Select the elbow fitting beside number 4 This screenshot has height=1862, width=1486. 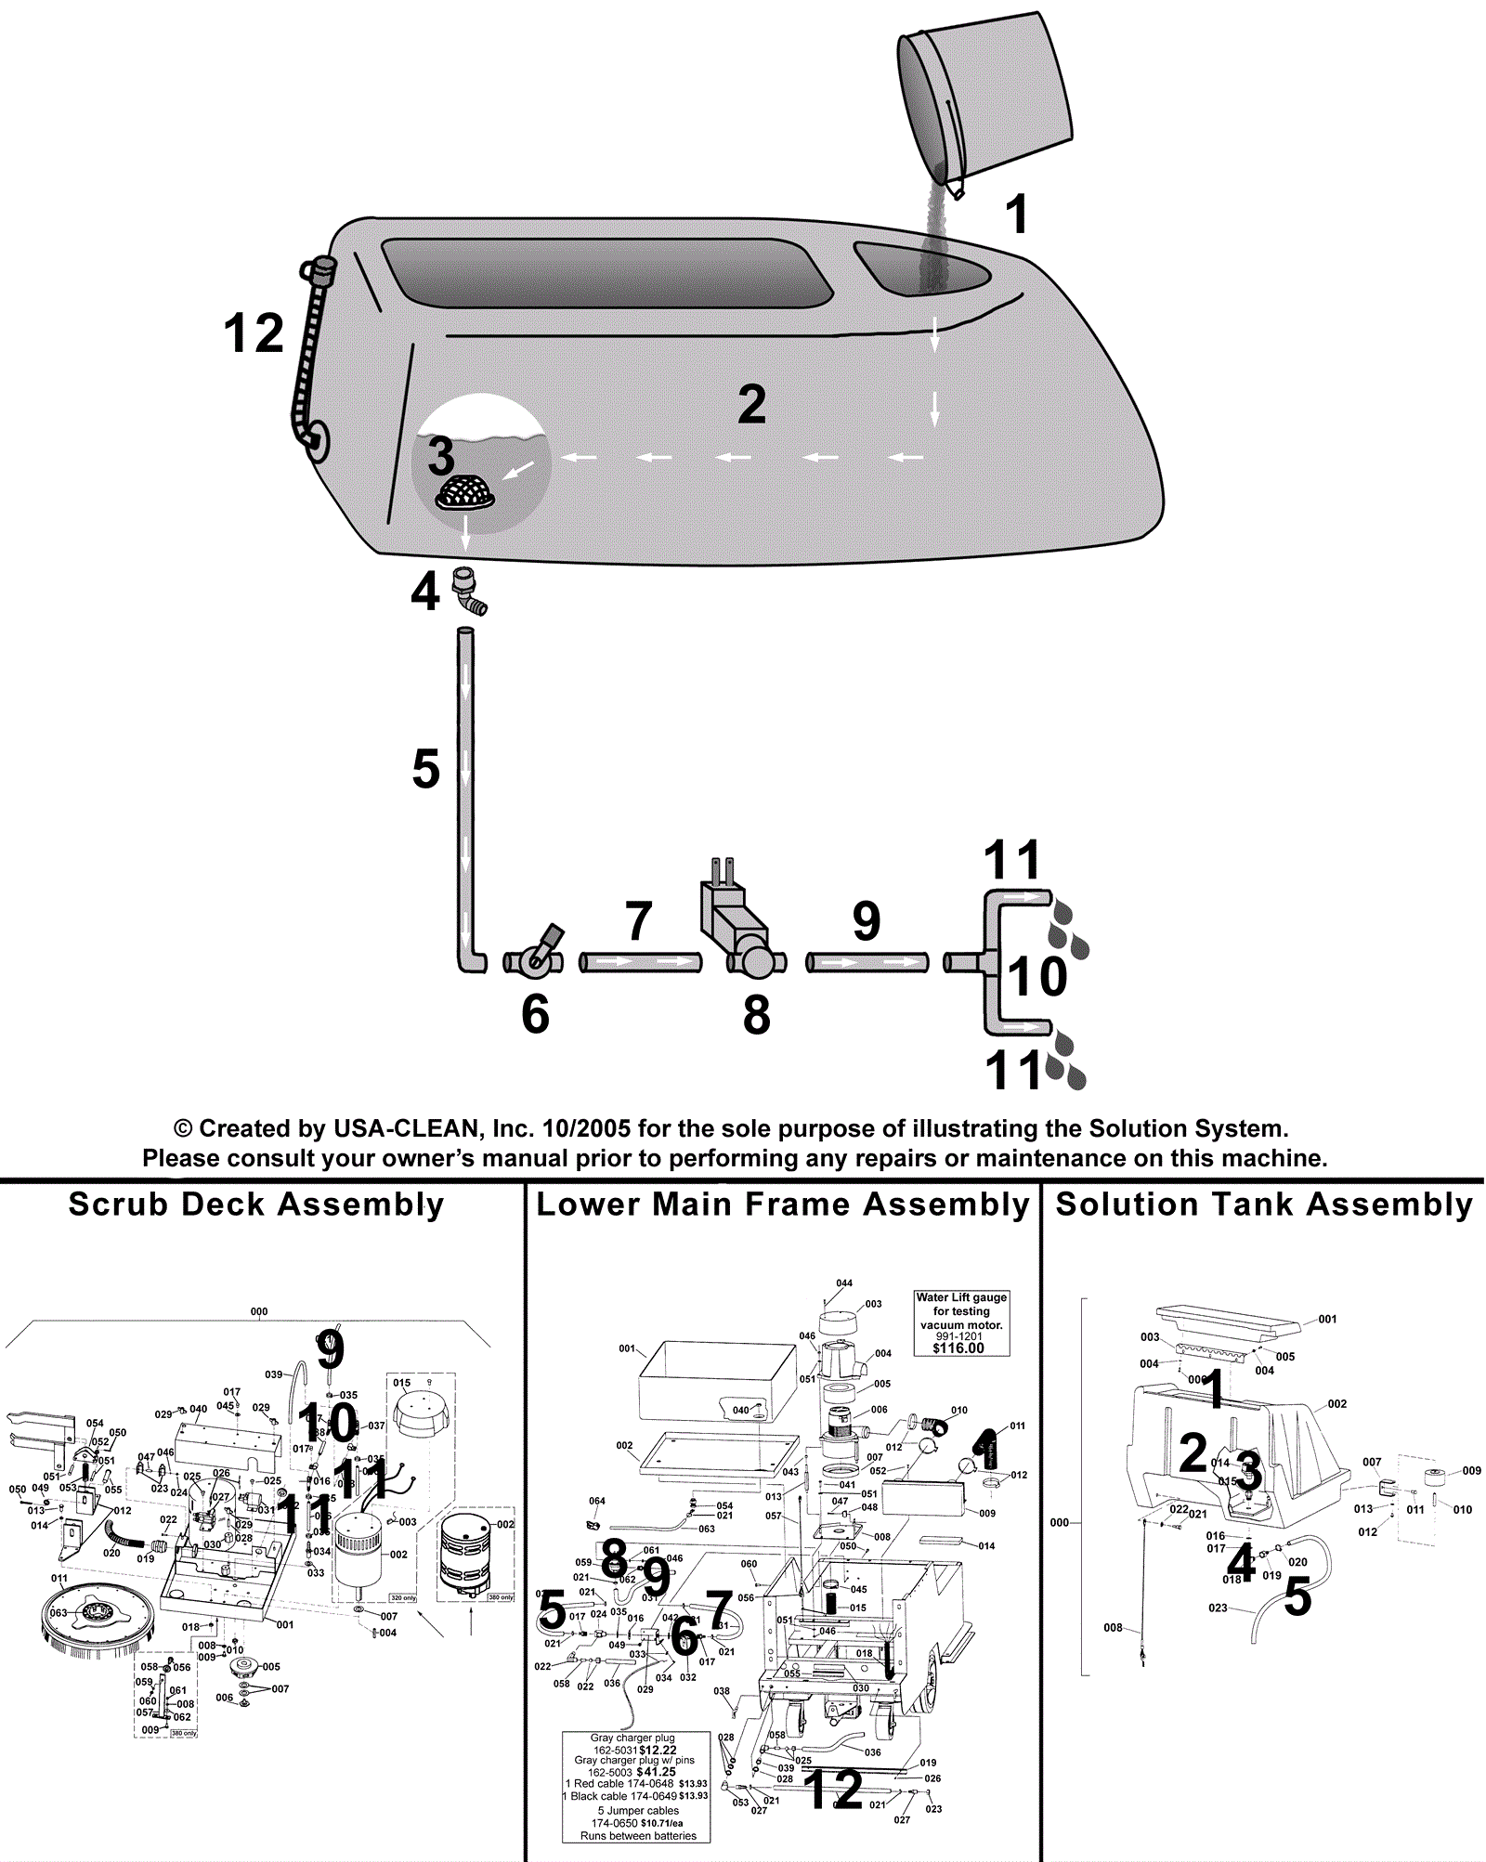469,592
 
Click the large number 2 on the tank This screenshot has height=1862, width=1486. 751,405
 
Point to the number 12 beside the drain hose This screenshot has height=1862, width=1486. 253,333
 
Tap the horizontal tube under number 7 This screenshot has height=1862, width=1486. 641,962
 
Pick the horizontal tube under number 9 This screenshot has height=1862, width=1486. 867,962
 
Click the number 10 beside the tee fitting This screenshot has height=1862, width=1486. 1037,976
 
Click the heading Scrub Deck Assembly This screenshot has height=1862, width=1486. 256,1204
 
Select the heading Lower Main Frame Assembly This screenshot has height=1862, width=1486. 783,1204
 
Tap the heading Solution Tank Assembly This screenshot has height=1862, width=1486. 1264,1204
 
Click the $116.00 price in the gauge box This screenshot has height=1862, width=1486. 958,1348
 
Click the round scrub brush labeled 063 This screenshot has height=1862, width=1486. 96,1617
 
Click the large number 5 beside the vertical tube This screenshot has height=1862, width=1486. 425,770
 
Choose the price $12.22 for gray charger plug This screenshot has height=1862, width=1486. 658,1750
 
